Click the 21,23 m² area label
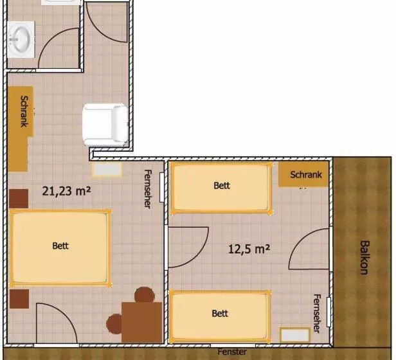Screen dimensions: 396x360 (x=66, y=191)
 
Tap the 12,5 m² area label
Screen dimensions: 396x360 (x=249, y=249)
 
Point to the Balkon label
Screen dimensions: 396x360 (x=364, y=257)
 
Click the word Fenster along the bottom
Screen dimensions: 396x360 (x=232, y=352)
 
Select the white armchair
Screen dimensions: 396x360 (x=105, y=125)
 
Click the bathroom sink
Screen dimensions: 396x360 (x=21, y=39)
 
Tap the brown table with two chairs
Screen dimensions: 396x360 (x=141, y=322)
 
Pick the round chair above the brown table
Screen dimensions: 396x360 (x=145, y=295)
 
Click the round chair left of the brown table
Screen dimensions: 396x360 (x=114, y=324)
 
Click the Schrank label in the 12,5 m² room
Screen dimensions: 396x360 (x=306, y=175)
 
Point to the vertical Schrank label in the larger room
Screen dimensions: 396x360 (x=24, y=111)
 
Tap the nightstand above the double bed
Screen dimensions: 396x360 (x=19, y=199)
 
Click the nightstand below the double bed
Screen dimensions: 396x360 (x=19, y=299)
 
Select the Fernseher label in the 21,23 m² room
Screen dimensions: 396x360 (x=148, y=189)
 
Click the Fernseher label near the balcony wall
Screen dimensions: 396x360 (x=317, y=314)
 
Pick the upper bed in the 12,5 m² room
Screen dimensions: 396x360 (x=222, y=188)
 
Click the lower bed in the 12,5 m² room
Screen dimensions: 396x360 (x=220, y=316)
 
